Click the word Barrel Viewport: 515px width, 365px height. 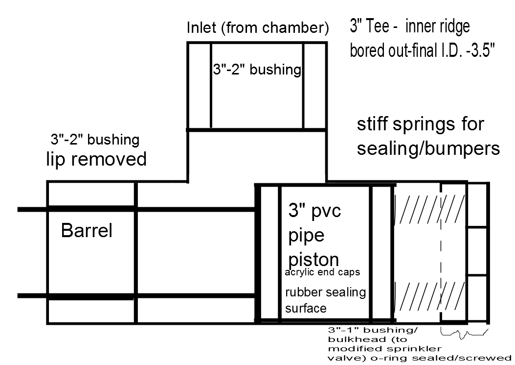(87, 230)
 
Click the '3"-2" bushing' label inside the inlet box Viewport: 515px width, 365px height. (257, 70)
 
